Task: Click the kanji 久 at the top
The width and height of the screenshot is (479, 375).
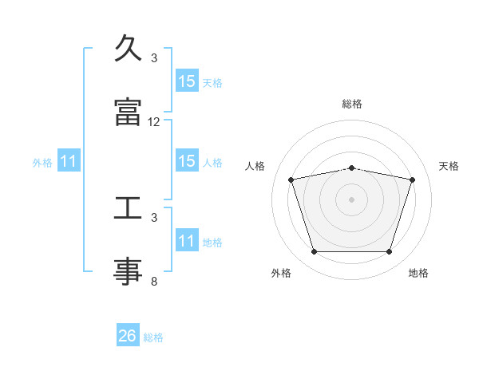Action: coord(128,48)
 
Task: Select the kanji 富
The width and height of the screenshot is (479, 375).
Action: coord(128,112)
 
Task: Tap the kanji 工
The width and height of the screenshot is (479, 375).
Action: coord(128,207)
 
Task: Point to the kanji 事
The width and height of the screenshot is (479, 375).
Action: coord(128,271)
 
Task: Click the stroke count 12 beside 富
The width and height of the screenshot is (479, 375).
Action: coord(153,122)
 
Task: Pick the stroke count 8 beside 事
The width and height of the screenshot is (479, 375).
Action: coord(154,282)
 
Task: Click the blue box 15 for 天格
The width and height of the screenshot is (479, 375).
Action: coord(187,81)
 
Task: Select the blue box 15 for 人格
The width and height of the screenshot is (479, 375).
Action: coord(187,160)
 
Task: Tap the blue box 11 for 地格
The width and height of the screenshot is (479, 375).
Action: coord(187,239)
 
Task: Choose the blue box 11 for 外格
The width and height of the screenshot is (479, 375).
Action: coord(69,160)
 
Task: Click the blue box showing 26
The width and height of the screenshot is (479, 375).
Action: coord(128,334)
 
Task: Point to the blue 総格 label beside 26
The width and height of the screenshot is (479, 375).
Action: coord(153,337)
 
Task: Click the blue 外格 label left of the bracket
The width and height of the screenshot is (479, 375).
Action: coord(42,163)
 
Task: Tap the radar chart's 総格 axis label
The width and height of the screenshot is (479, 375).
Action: coord(352,104)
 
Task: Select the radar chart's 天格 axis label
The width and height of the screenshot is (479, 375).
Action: coord(449,166)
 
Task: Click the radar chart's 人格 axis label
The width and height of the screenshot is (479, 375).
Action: coord(255,166)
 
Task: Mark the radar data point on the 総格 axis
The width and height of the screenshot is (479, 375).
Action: coord(351,168)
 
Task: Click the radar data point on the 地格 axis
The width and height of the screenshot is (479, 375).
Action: coord(390,251)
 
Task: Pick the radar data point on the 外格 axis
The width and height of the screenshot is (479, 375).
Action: coord(314,251)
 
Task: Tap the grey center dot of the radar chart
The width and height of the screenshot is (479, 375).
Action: coord(351,199)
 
